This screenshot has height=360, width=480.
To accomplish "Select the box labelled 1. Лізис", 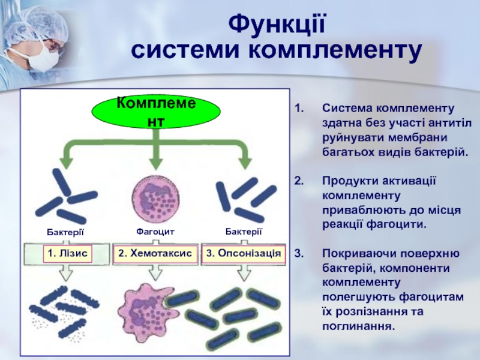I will (67, 254).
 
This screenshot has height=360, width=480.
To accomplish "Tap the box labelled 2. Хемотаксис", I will (155, 254).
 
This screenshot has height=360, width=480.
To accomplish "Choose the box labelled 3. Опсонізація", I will (243, 254).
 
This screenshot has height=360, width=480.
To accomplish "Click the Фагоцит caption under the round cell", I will (155, 231).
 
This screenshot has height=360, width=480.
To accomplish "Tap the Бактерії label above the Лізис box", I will (65, 232).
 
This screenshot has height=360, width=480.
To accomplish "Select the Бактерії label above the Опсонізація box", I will (244, 232).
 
